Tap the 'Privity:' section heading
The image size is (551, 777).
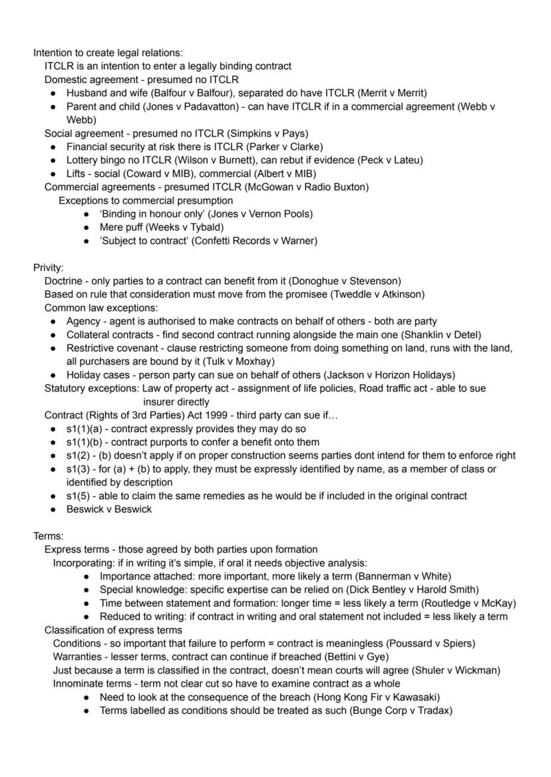[49, 268]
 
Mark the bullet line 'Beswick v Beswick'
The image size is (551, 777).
[109, 509]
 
